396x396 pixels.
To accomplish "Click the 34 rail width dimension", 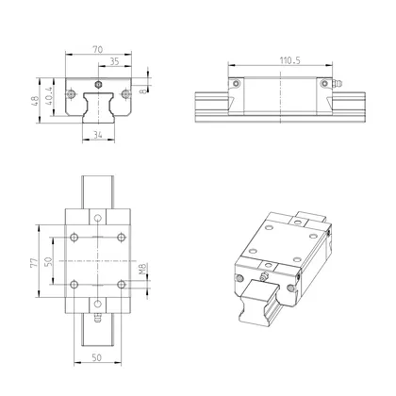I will point(99,135).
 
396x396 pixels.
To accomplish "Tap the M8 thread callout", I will point(142,272).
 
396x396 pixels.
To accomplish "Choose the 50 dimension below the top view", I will point(99,359).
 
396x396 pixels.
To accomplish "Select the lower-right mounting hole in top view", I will point(120,283).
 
